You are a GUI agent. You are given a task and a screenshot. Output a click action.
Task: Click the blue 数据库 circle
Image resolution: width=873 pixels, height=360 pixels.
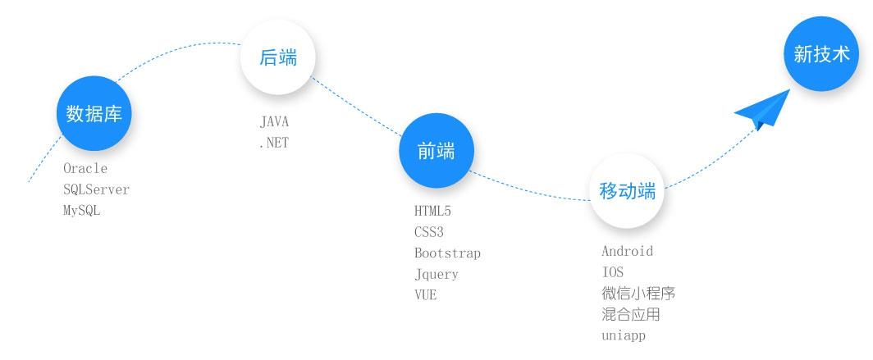(94, 114)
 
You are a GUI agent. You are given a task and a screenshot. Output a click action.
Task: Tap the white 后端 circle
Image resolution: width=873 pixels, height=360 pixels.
(277, 57)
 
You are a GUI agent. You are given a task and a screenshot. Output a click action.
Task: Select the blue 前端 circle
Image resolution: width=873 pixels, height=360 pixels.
(436, 151)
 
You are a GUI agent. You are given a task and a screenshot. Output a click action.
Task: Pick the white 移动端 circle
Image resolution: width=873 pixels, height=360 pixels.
(628, 192)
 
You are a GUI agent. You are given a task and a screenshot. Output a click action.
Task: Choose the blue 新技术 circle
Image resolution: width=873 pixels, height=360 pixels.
(821, 54)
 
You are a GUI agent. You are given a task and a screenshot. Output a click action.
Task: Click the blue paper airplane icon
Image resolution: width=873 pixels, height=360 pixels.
(762, 111)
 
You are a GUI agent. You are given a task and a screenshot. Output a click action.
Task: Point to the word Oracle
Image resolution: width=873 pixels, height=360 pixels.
(85, 168)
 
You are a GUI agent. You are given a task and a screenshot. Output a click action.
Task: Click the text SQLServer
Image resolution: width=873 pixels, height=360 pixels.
(96, 189)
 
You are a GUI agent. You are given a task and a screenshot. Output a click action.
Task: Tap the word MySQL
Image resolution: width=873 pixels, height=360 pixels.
(82, 211)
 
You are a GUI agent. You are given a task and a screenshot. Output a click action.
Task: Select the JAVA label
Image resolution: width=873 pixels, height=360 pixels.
(274, 122)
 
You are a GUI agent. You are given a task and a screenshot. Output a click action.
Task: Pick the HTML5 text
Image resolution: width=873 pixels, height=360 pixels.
(432, 212)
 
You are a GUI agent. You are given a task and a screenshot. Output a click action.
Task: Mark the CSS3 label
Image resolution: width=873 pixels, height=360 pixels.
(429, 233)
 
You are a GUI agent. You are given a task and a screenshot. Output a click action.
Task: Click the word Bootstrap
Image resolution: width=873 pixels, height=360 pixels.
(447, 253)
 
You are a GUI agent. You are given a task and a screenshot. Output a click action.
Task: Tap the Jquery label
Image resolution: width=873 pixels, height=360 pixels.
(436, 275)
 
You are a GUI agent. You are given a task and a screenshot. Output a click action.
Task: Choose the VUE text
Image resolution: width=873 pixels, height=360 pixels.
(425, 295)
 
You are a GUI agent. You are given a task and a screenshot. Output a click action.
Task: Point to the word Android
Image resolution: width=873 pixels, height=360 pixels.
(627, 252)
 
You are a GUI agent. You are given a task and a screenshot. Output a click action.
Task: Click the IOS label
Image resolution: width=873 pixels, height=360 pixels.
(613, 272)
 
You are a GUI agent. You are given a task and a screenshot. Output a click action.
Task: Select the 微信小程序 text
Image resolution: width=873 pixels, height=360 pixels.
(638, 294)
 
